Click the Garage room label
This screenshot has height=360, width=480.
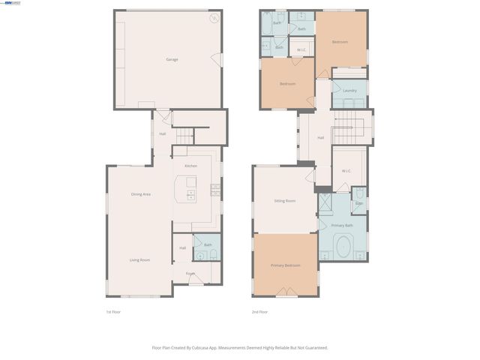[172, 59]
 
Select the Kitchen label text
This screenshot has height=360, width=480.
[191, 166]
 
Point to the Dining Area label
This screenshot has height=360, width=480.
[141, 194]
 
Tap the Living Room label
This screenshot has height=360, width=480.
[139, 259]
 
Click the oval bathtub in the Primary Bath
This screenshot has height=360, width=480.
[345, 245]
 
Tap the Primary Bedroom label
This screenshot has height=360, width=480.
[286, 265]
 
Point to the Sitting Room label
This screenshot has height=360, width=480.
[284, 201]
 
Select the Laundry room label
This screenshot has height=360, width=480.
[349, 91]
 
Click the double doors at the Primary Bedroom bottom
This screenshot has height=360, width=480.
[286, 291]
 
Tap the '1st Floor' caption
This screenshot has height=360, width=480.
[113, 311]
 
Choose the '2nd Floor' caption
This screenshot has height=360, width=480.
[259, 311]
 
